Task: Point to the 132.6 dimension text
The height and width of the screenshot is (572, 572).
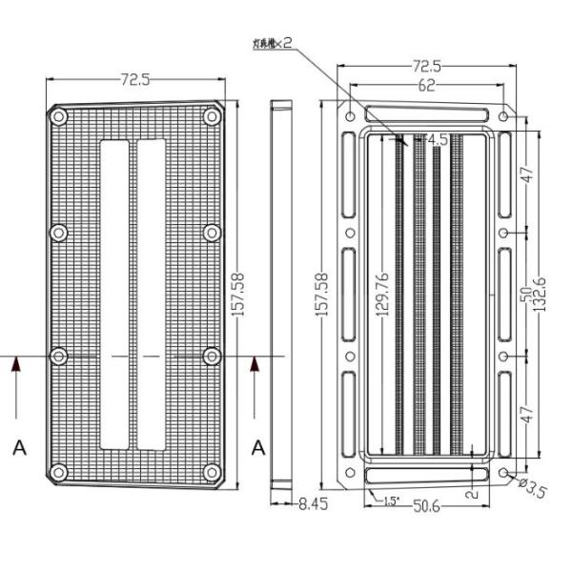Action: [540, 296]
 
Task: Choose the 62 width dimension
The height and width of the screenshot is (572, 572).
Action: [426, 86]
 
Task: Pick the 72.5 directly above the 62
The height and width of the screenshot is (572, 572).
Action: [425, 66]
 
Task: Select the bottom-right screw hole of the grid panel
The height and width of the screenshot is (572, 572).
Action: [212, 471]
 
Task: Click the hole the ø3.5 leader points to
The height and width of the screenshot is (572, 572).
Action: [503, 473]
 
